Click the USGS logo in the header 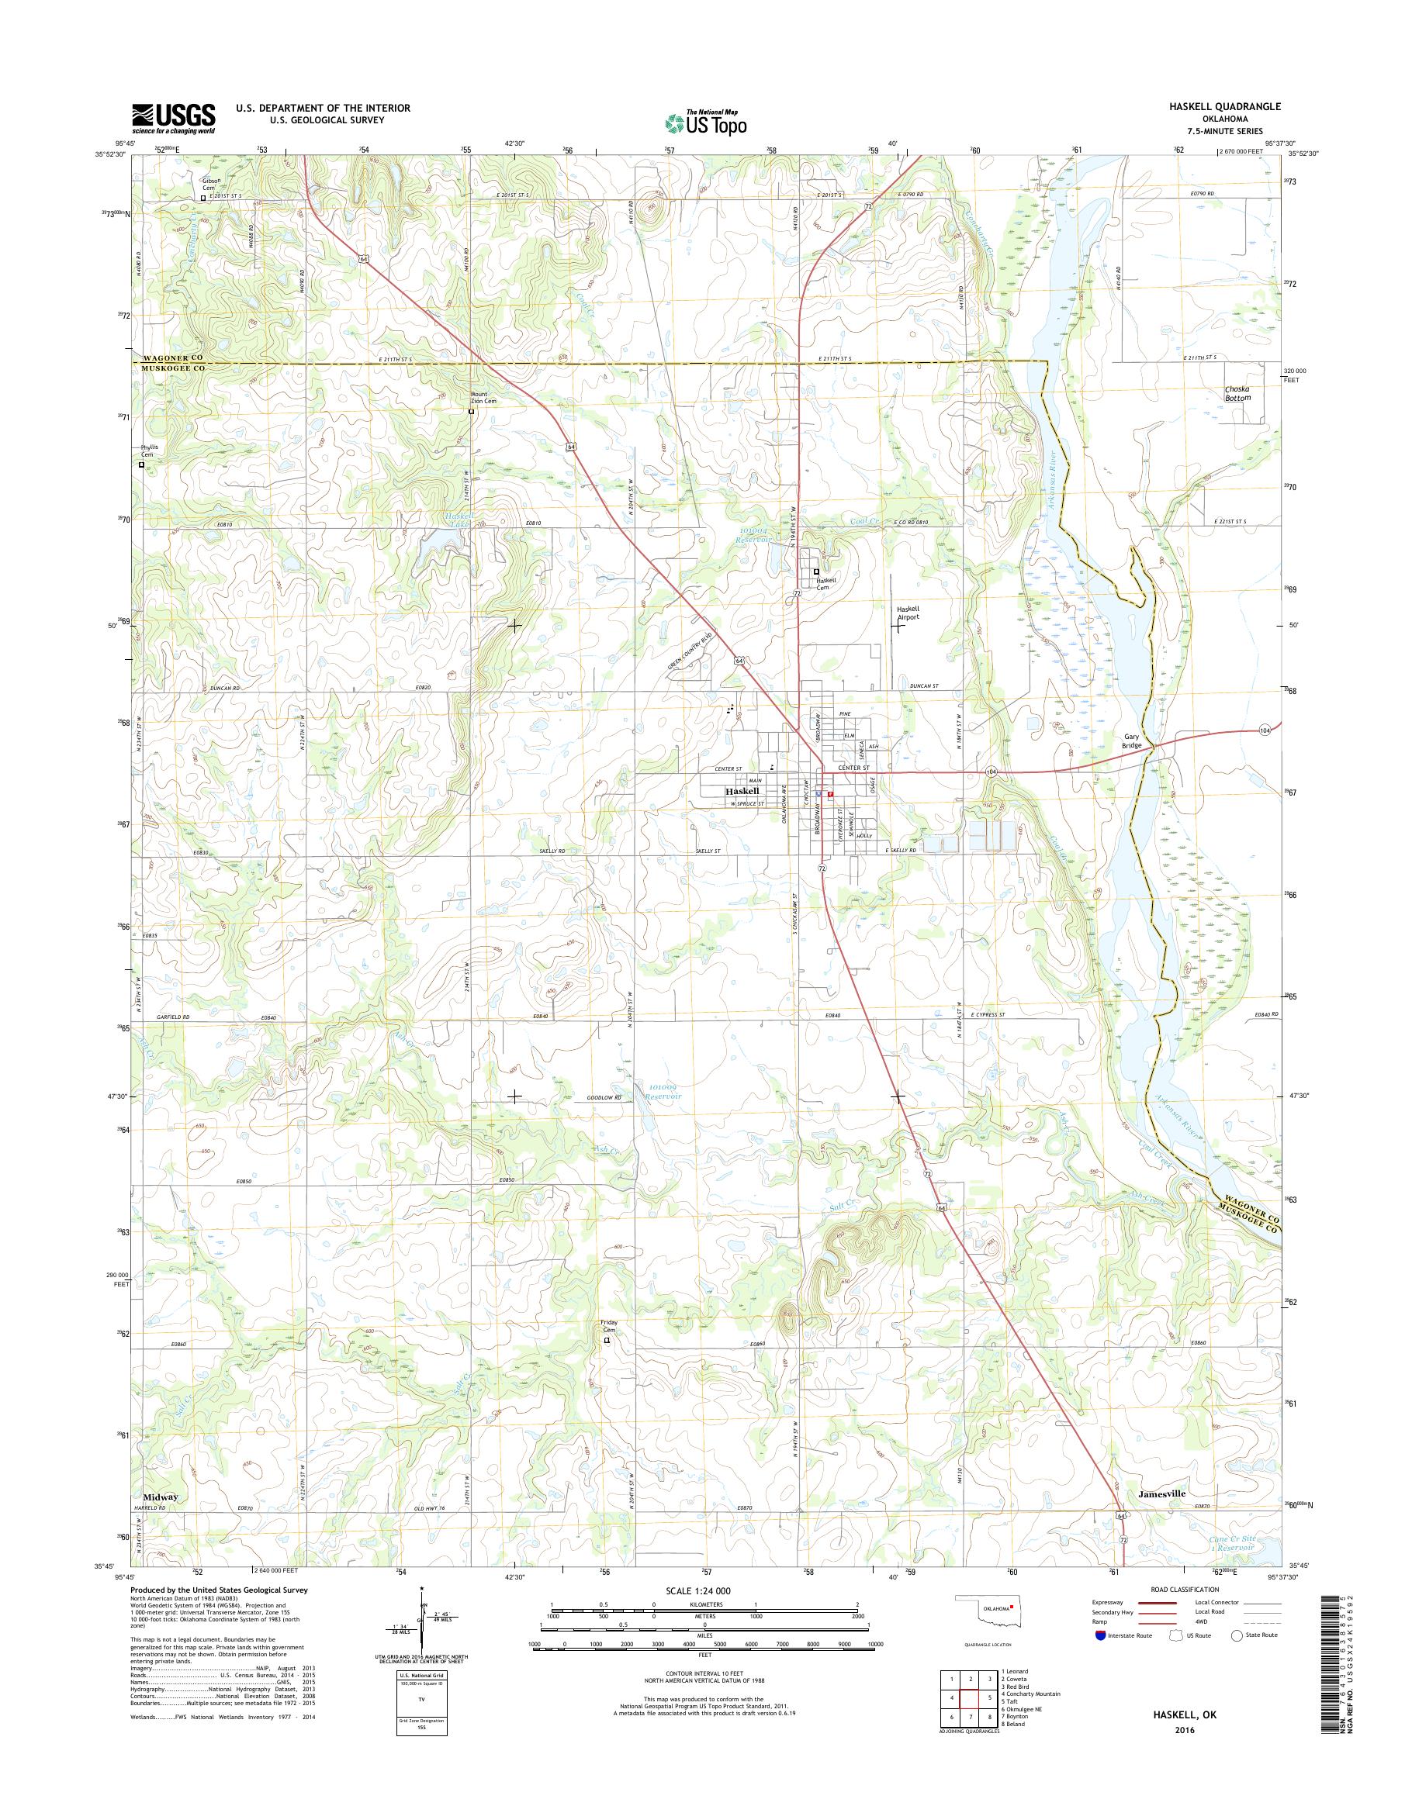(x=173, y=119)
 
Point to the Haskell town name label (x=742, y=791)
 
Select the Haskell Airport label (x=908, y=613)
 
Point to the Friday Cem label (x=608, y=1349)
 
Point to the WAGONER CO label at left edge (x=168, y=357)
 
